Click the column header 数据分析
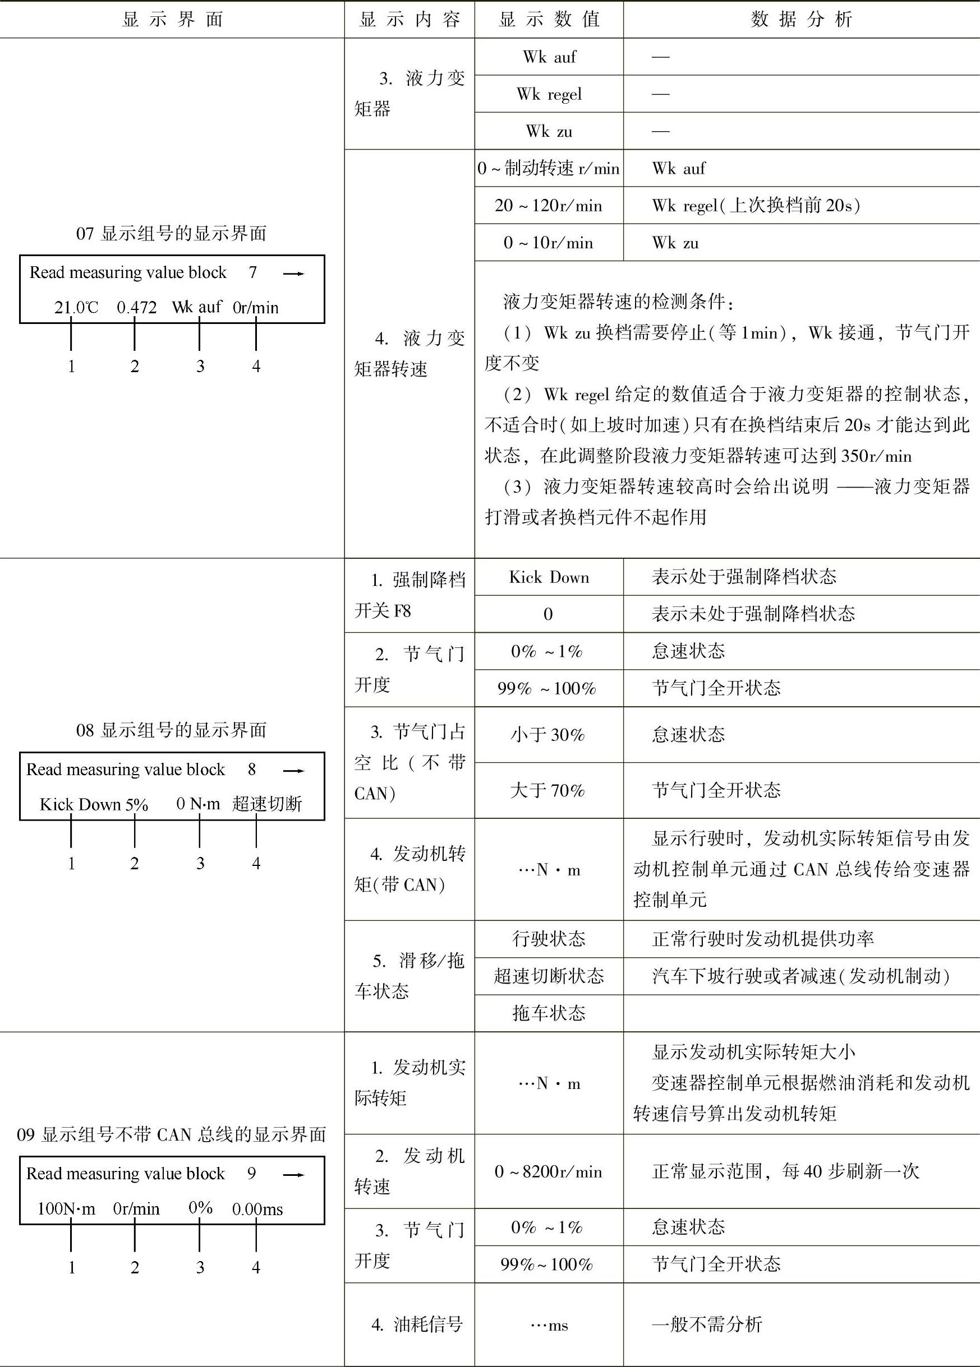(x=801, y=19)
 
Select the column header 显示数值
(x=549, y=19)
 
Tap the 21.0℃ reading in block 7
(x=76, y=307)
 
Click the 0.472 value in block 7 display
(x=136, y=307)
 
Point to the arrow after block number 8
(x=294, y=770)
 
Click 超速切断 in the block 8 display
(x=266, y=804)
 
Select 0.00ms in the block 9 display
(x=257, y=1209)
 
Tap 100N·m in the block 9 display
(x=66, y=1209)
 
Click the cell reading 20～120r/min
(x=548, y=206)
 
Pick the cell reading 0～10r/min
(x=548, y=243)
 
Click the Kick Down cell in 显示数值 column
(x=549, y=577)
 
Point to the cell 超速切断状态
(x=549, y=976)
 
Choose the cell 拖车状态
(x=549, y=1013)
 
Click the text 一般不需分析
(x=707, y=1324)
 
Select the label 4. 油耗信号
(x=417, y=1324)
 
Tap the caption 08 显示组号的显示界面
(x=171, y=730)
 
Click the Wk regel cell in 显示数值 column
(x=549, y=94)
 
